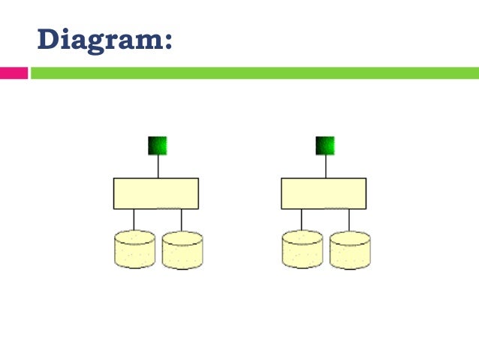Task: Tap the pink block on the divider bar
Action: tap(14, 73)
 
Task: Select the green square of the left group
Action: tap(158, 145)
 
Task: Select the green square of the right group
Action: tap(325, 145)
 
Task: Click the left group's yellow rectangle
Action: tap(156, 193)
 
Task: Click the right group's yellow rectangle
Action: tap(324, 193)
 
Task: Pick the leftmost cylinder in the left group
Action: tap(134, 250)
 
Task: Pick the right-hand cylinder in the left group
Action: tap(182, 250)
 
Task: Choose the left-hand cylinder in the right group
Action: tap(302, 250)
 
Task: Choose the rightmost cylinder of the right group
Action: tap(350, 250)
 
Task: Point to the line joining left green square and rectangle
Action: tap(158, 166)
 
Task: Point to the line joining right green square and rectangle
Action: tap(325, 166)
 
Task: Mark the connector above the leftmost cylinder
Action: tap(134, 219)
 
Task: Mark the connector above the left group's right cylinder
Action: tap(182, 219)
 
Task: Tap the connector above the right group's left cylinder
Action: tap(301, 219)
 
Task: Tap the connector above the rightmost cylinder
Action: tap(349, 219)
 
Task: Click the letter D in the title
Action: tap(49, 38)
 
